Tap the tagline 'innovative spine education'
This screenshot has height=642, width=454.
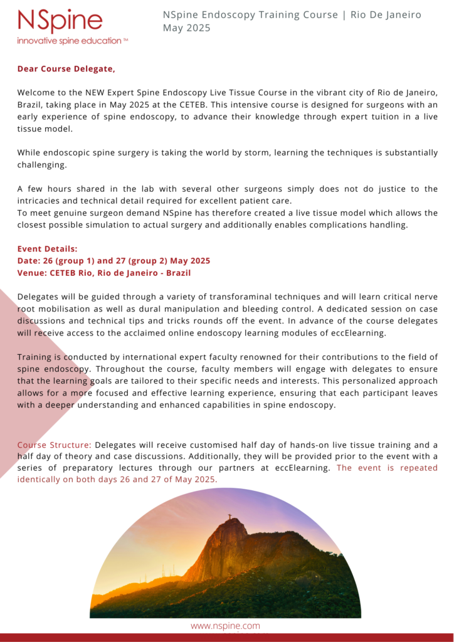pos(72,41)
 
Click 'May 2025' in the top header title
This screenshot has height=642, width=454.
pos(187,28)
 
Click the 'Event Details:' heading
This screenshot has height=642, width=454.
pos(47,249)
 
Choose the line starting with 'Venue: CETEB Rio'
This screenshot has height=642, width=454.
pos(103,273)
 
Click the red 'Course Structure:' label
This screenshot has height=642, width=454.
pos(54,445)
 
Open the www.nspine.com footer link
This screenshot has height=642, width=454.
pos(225,626)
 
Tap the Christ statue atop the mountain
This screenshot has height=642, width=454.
pos(230,517)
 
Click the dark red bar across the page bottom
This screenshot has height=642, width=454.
pos(227,637)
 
